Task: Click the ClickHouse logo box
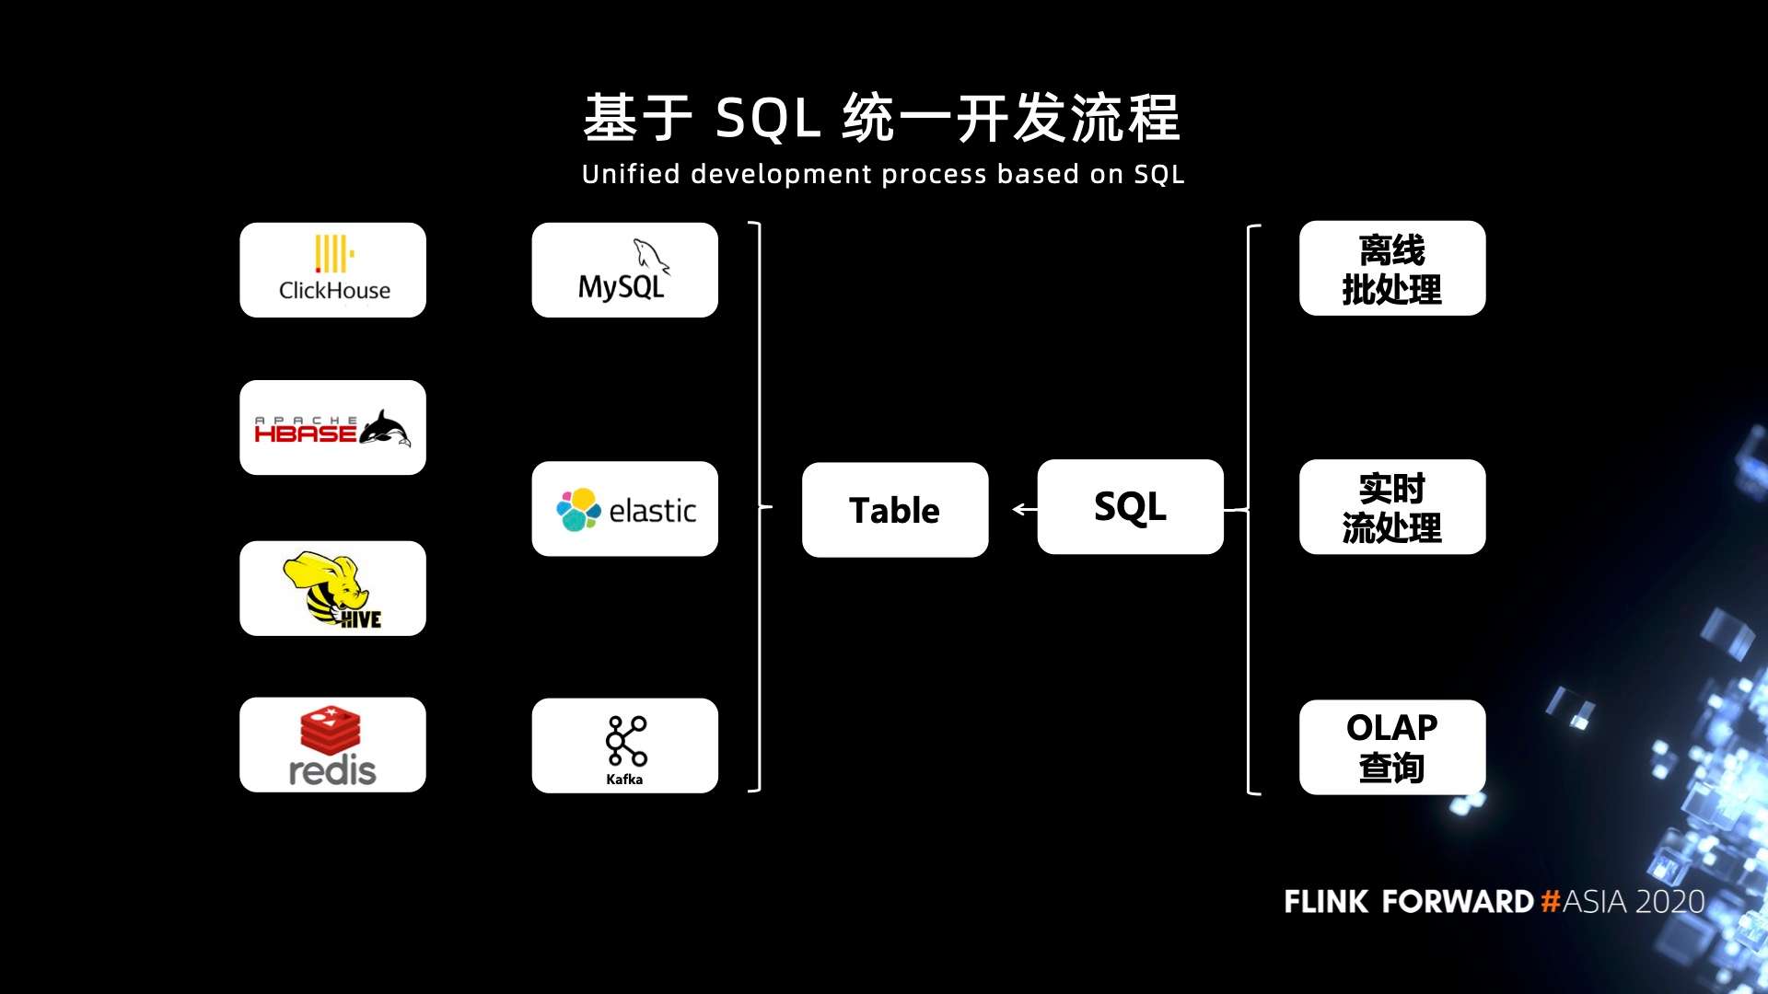tap(332, 271)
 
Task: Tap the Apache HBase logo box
tap(332, 428)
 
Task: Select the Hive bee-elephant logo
tap(331, 590)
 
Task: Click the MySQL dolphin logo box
tap(624, 271)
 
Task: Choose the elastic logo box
tap(624, 509)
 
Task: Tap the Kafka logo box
tap(624, 745)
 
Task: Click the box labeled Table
tap(895, 510)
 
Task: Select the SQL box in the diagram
tap(1131, 507)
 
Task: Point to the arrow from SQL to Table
tap(1025, 509)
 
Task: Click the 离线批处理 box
tap(1392, 269)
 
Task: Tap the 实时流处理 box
tap(1392, 507)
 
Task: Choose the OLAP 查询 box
tap(1392, 747)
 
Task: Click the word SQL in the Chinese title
tap(768, 119)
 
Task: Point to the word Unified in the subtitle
tap(631, 174)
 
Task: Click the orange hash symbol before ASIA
tap(1551, 901)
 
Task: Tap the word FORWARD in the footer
tap(1458, 901)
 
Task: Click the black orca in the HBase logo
tap(385, 429)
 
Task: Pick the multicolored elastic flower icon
tap(578, 510)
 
